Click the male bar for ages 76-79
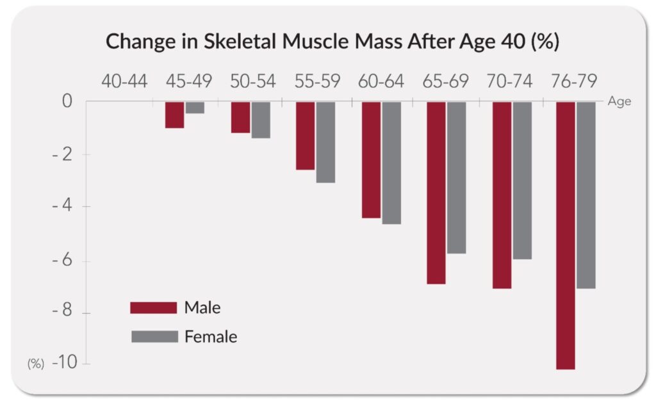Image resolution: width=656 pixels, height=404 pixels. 566,235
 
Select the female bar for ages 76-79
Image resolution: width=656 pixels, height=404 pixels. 586,195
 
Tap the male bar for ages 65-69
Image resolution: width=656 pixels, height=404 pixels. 436,192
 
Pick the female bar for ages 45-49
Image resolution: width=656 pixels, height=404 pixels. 195,108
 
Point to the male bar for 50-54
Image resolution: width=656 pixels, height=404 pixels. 240,117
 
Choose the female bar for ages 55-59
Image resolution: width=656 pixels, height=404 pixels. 325,142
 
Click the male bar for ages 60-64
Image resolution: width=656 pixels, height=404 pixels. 371,159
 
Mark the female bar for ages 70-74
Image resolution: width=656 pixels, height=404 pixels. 522,180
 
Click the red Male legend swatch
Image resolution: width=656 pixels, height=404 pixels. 153,308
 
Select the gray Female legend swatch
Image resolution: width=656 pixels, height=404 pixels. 154,337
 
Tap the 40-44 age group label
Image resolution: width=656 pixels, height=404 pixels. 124,82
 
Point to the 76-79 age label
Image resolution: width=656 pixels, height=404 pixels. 573,82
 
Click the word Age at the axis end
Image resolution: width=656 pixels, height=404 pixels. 620,101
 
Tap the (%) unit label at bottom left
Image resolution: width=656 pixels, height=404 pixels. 35,364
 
